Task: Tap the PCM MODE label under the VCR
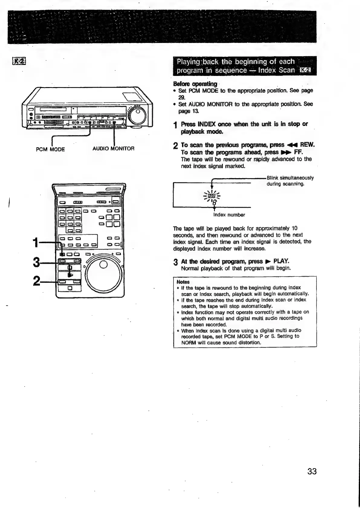tap(50, 149)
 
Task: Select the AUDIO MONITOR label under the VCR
tap(113, 148)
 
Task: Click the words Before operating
tap(195, 84)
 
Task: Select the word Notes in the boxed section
tap(183, 282)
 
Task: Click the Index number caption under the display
tap(229, 215)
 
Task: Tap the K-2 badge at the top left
tap(19, 61)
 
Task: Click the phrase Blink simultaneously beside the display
tap(290, 178)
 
